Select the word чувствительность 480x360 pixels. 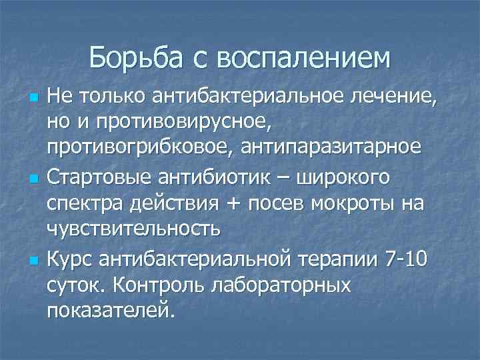(x=133, y=230)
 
